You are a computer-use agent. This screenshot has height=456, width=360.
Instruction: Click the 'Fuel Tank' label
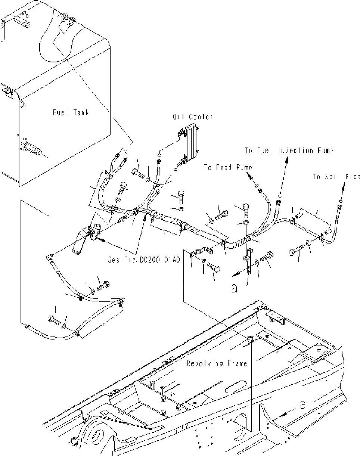[70, 112]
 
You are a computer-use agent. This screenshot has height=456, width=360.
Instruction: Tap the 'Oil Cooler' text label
[193, 117]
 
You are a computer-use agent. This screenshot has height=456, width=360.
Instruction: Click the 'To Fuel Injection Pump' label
[289, 151]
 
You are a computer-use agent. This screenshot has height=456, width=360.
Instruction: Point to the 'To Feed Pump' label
[228, 168]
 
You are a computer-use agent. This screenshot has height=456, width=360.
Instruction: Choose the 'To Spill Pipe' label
[336, 177]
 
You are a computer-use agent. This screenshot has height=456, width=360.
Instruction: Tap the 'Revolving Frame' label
[217, 363]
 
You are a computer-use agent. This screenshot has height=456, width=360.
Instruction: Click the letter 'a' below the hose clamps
[234, 289]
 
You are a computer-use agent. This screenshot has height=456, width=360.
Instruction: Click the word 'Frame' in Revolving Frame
[237, 363]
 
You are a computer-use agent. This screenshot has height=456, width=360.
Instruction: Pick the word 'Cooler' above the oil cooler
[201, 117]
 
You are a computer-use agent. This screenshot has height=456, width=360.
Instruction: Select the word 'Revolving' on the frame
[205, 363]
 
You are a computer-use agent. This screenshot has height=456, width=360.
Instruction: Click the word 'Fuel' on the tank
[60, 112]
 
